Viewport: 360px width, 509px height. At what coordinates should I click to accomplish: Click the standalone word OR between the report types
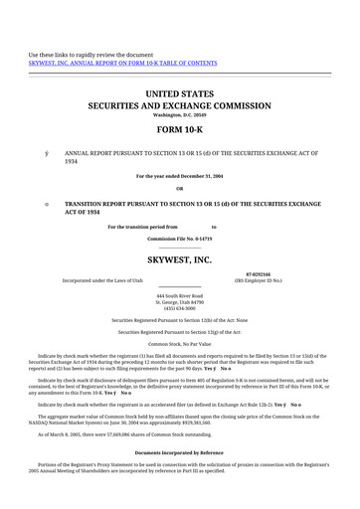point(179,188)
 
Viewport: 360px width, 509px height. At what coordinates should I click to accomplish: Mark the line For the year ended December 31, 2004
point(179,176)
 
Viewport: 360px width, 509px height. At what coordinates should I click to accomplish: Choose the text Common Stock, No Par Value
point(179,343)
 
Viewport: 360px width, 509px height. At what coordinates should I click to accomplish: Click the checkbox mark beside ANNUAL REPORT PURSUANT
point(46,152)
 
